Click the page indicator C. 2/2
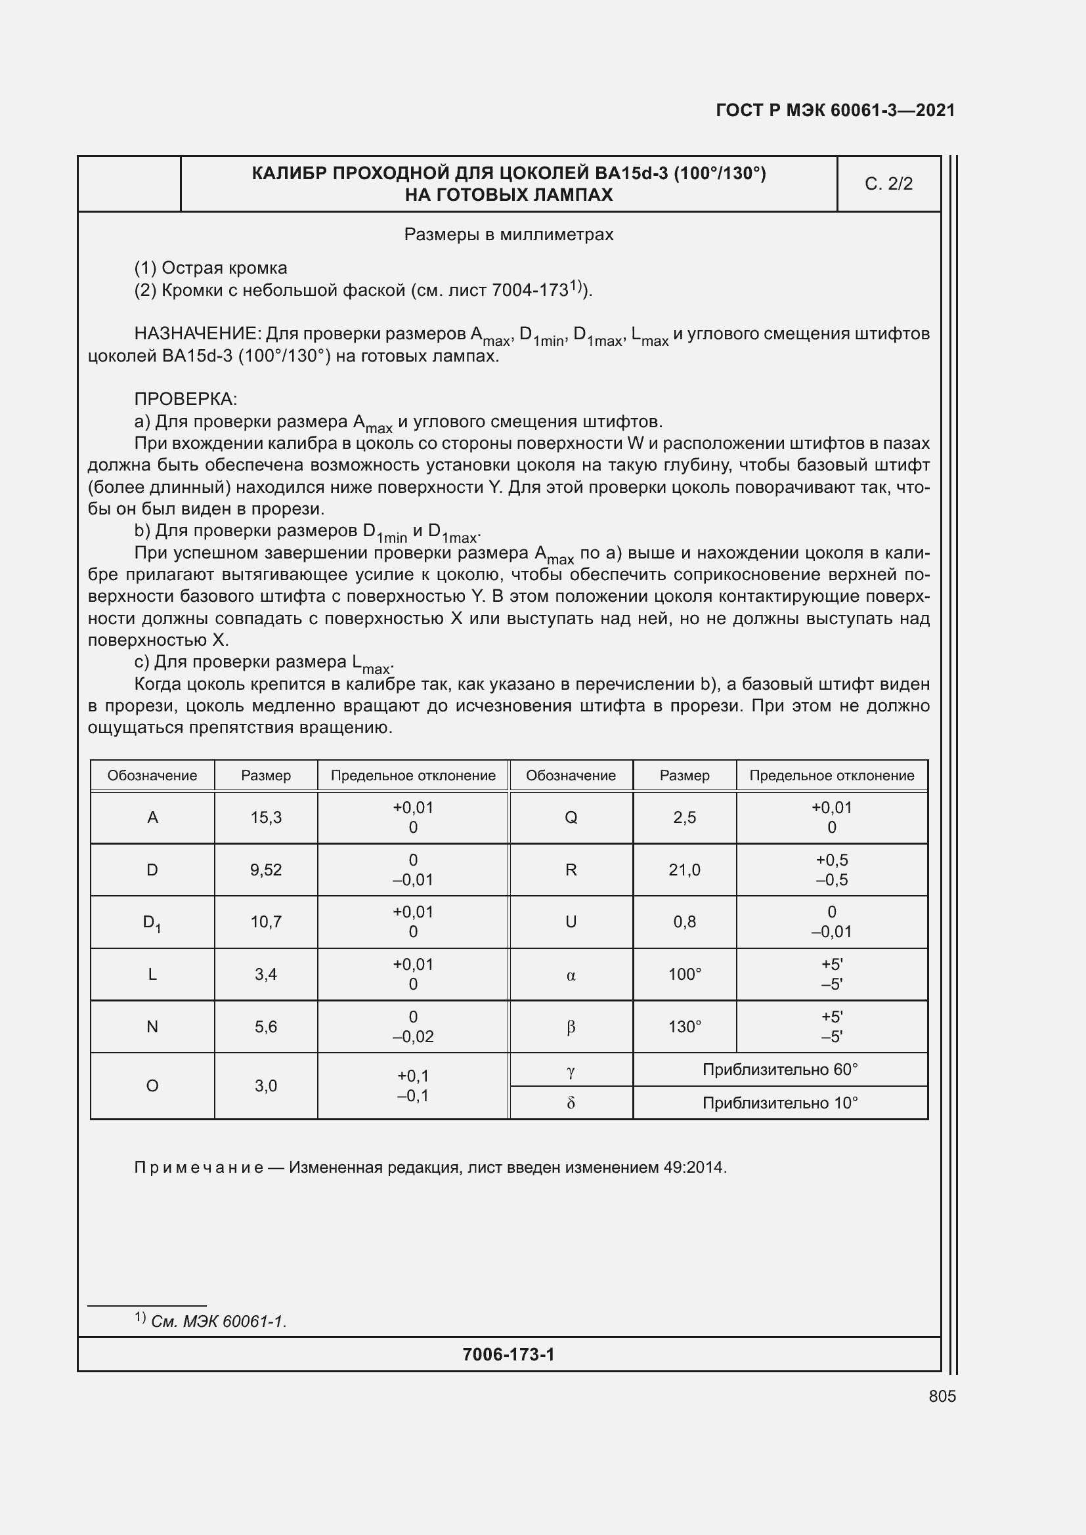[x=888, y=184]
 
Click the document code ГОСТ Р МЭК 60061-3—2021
[x=835, y=110]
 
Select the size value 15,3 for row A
[x=265, y=817]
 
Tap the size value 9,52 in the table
[x=265, y=870]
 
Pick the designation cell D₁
[x=152, y=923]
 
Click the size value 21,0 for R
[x=684, y=870]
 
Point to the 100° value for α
[x=684, y=975]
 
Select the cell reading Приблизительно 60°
[x=780, y=1070]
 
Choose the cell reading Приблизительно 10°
[x=780, y=1103]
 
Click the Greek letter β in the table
[x=571, y=1027]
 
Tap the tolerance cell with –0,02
[x=412, y=1027]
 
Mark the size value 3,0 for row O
[x=265, y=1085]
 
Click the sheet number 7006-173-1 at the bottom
[x=508, y=1355]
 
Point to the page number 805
[x=942, y=1396]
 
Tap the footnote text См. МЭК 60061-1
[x=218, y=1322]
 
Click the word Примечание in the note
[x=198, y=1167]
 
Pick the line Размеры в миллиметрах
[x=508, y=235]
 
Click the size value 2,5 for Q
[x=684, y=817]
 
